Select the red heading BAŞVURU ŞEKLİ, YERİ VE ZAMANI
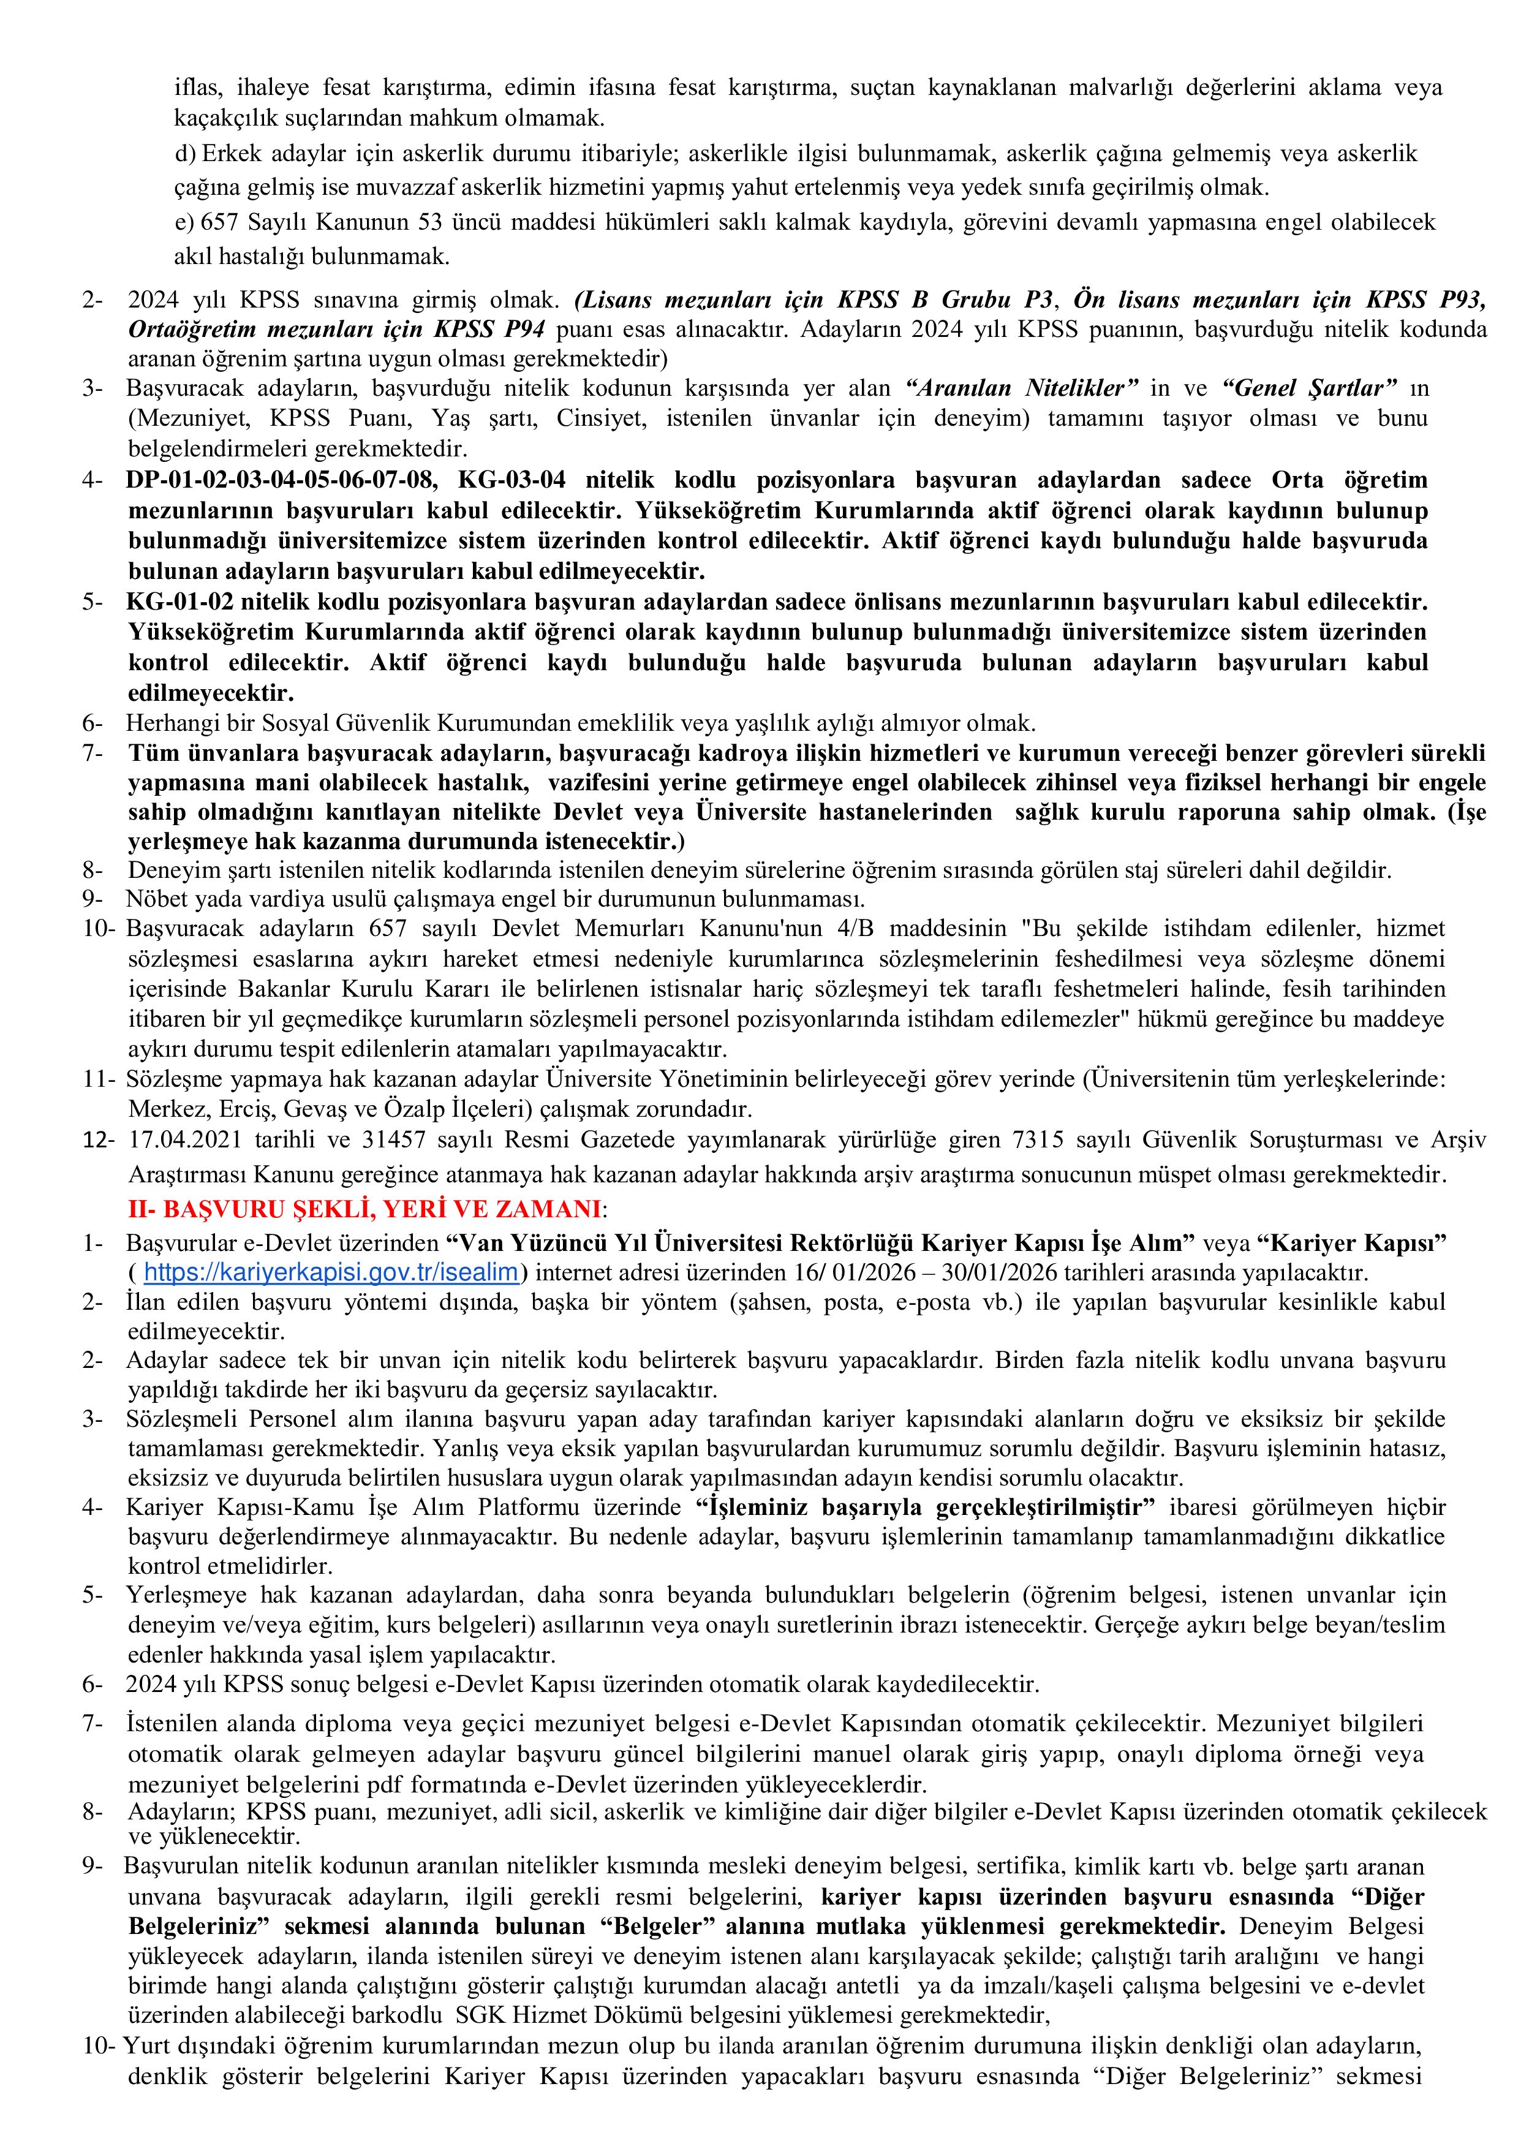pos(364,1210)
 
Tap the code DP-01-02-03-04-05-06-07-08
pos(281,480)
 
